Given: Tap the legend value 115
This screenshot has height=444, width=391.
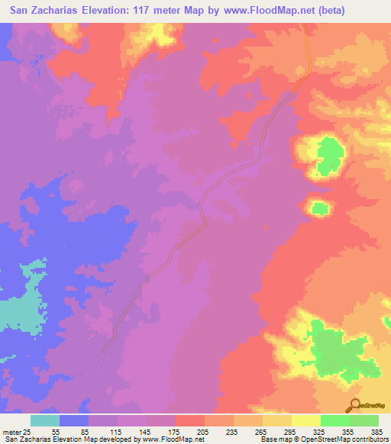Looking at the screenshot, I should coord(117,432).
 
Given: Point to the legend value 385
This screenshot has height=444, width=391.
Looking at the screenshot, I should coord(378,432).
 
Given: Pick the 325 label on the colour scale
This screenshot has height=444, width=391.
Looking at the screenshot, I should coord(320,432).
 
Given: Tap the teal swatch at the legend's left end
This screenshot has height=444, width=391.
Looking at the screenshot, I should coord(45,420).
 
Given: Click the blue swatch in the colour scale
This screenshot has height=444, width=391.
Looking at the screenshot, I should coord(74,420).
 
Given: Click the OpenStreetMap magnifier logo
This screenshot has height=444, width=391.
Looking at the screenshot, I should coord(354,406).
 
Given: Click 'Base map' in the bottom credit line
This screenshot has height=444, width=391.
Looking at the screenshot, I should coord(275,440).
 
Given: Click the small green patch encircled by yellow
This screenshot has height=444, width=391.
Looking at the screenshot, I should coord(319,208).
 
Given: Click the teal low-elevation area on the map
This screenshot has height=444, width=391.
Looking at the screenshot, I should coord(19,309).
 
